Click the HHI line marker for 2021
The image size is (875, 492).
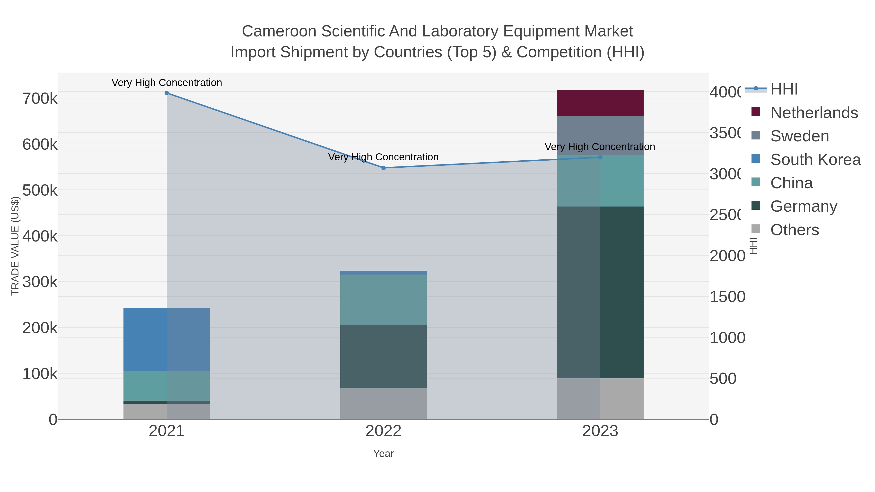pyautogui.click(x=166, y=93)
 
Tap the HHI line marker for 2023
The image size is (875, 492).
pyautogui.click(x=600, y=157)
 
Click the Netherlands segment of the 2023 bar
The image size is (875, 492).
pyautogui.click(x=600, y=103)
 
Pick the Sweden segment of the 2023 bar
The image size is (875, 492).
pyautogui.click(x=600, y=136)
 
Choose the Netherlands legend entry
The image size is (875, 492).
pyautogui.click(x=814, y=112)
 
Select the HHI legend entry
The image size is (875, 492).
pyautogui.click(x=784, y=89)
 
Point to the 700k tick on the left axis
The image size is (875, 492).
pyautogui.click(x=40, y=99)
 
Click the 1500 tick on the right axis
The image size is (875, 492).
pyautogui.click(x=727, y=297)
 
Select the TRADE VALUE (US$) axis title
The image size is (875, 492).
pyautogui.click(x=15, y=246)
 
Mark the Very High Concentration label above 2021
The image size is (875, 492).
pyautogui.click(x=166, y=83)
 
